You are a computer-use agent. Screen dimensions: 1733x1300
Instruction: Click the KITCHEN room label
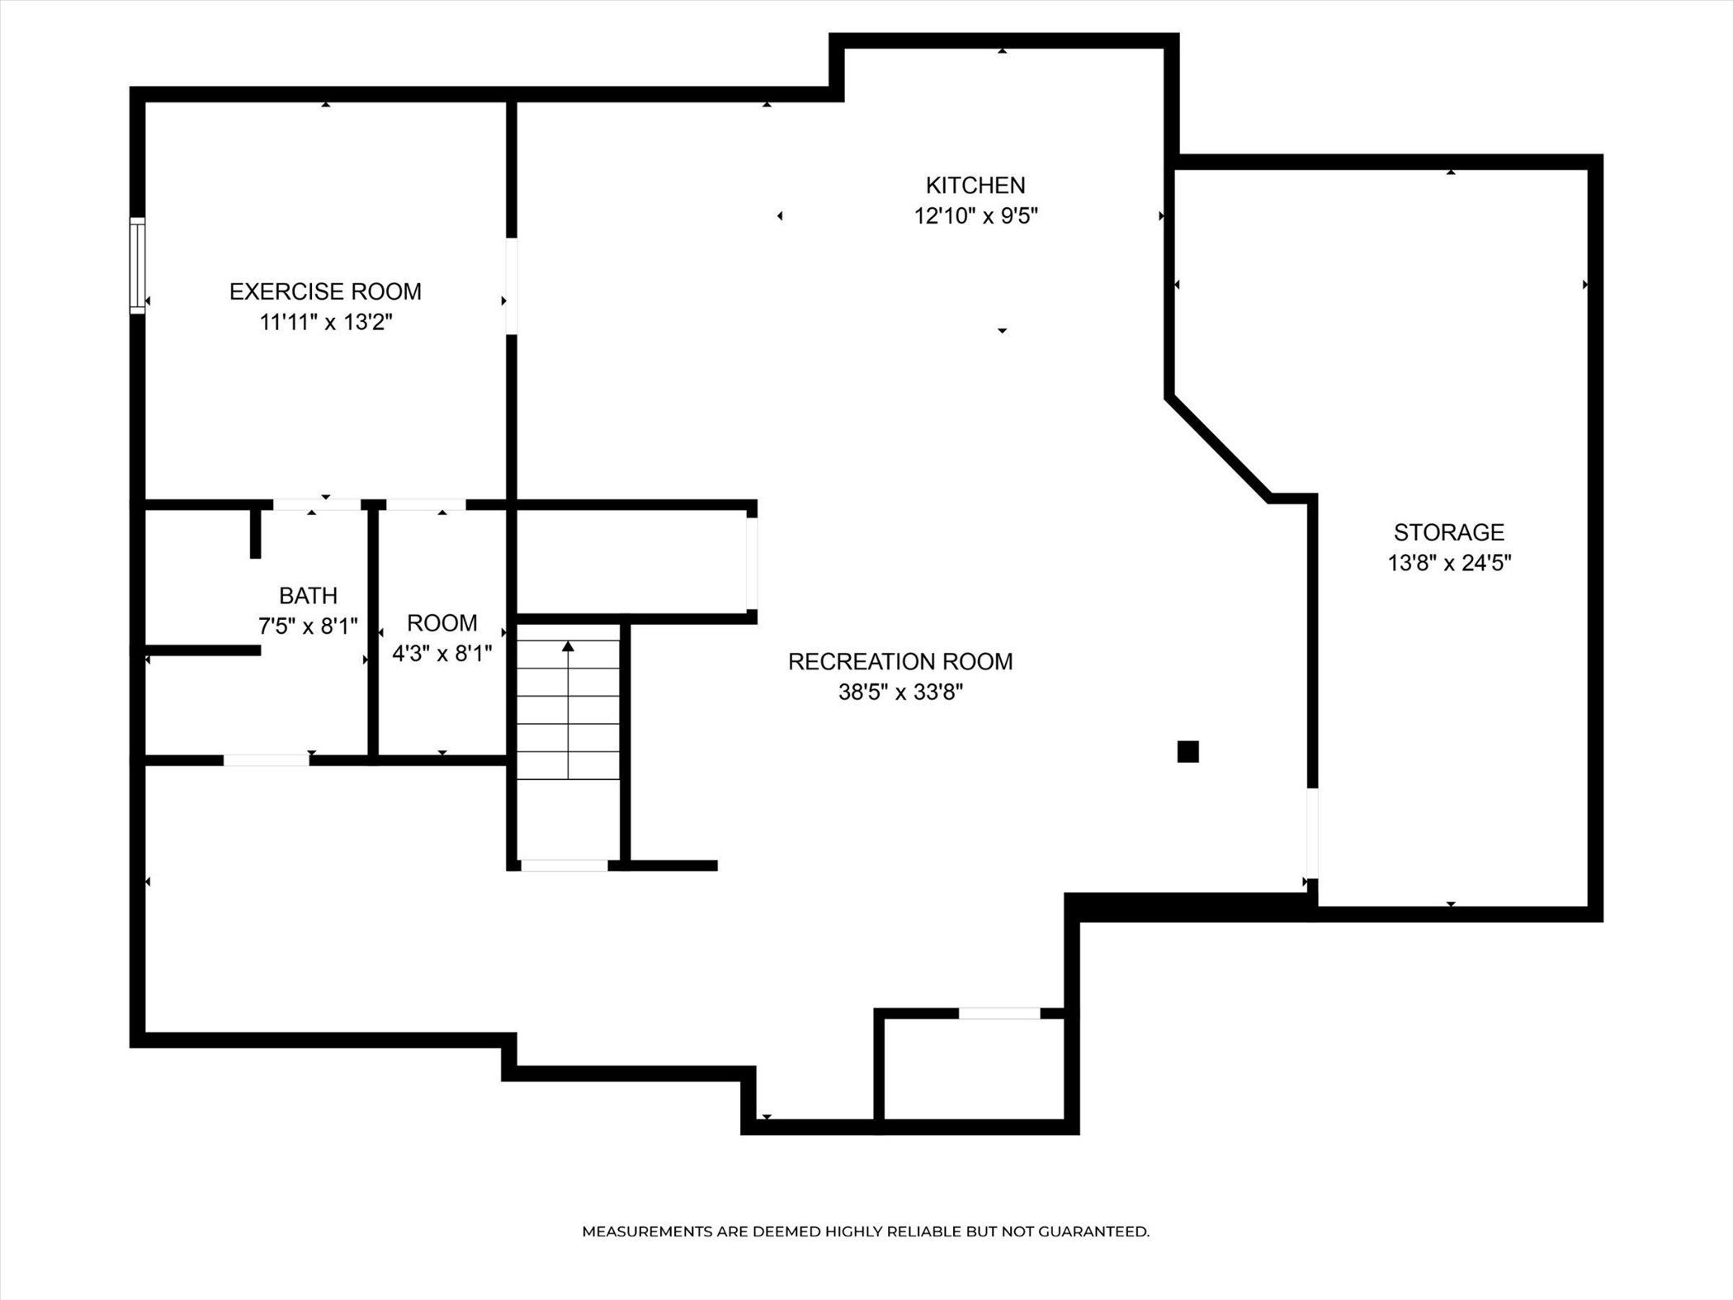tap(975, 185)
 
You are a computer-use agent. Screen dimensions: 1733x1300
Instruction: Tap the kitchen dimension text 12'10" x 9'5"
tap(975, 216)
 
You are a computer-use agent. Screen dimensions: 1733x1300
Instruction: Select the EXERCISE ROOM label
tap(325, 291)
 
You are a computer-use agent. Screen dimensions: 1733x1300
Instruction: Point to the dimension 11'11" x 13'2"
tap(325, 322)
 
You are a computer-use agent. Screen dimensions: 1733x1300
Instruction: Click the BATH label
tap(308, 595)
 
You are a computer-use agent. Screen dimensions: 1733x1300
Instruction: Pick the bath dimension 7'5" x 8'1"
tap(308, 626)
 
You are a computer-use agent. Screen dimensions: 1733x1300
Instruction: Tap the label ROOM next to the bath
tap(442, 622)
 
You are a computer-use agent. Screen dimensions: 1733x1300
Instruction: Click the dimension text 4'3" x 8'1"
tap(442, 654)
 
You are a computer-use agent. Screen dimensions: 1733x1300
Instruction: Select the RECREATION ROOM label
tap(900, 661)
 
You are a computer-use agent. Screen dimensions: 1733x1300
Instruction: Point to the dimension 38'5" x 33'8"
tap(900, 692)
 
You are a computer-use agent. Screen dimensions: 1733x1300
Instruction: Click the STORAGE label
tap(1449, 532)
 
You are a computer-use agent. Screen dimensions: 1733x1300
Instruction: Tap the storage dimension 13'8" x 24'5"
tap(1449, 563)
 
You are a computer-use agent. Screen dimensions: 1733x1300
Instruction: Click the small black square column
tap(1188, 751)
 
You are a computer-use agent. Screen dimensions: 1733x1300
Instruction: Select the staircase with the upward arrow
tap(569, 710)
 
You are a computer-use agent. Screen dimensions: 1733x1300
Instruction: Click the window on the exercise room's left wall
tap(138, 266)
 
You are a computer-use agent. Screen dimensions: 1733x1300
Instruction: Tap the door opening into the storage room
tap(1312, 834)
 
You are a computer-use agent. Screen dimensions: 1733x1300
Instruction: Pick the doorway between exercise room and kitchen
tap(512, 286)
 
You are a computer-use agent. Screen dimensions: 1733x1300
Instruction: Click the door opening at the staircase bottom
tap(564, 865)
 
